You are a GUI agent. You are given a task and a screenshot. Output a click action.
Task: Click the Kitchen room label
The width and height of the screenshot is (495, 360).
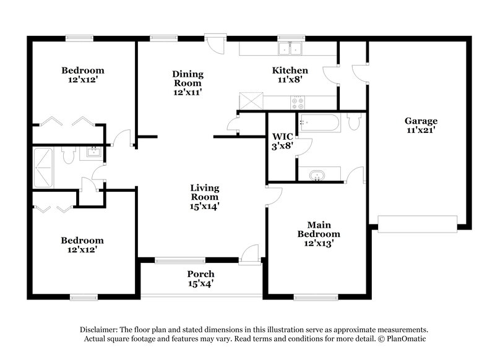tap(290, 71)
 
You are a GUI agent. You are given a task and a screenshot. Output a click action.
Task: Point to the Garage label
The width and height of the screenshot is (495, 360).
tap(421, 121)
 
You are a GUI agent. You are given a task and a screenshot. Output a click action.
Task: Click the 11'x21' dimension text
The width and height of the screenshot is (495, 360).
tap(421, 131)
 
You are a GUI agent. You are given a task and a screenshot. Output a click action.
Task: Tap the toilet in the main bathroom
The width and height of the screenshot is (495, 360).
tap(353, 122)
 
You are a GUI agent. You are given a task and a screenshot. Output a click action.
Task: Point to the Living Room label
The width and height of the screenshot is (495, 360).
tap(205, 192)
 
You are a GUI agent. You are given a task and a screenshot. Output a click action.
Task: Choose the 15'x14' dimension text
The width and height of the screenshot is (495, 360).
tap(205, 207)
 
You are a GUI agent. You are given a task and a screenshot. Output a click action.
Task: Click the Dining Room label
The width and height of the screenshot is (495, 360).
tap(187, 79)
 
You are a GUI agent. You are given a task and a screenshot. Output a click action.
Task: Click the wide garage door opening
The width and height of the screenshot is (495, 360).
tap(417, 224)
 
